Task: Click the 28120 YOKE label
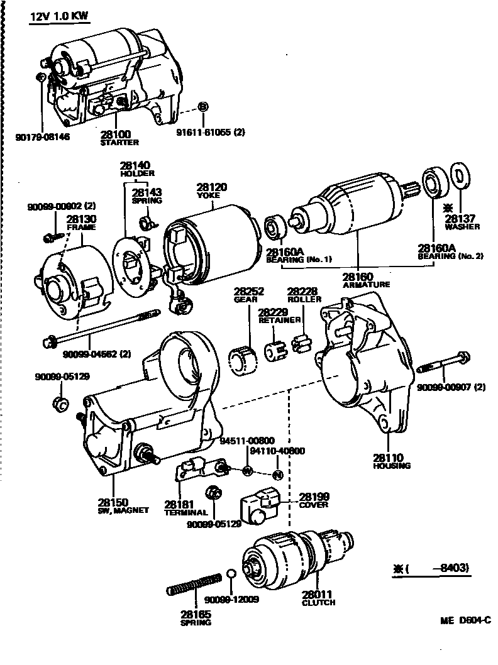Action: click(211, 190)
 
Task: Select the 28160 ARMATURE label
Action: click(366, 280)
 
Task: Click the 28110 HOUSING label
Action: click(391, 461)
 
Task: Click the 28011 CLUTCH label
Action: click(318, 597)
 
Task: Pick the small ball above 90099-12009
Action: click(231, 574)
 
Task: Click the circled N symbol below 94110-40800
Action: click(277, 473)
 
